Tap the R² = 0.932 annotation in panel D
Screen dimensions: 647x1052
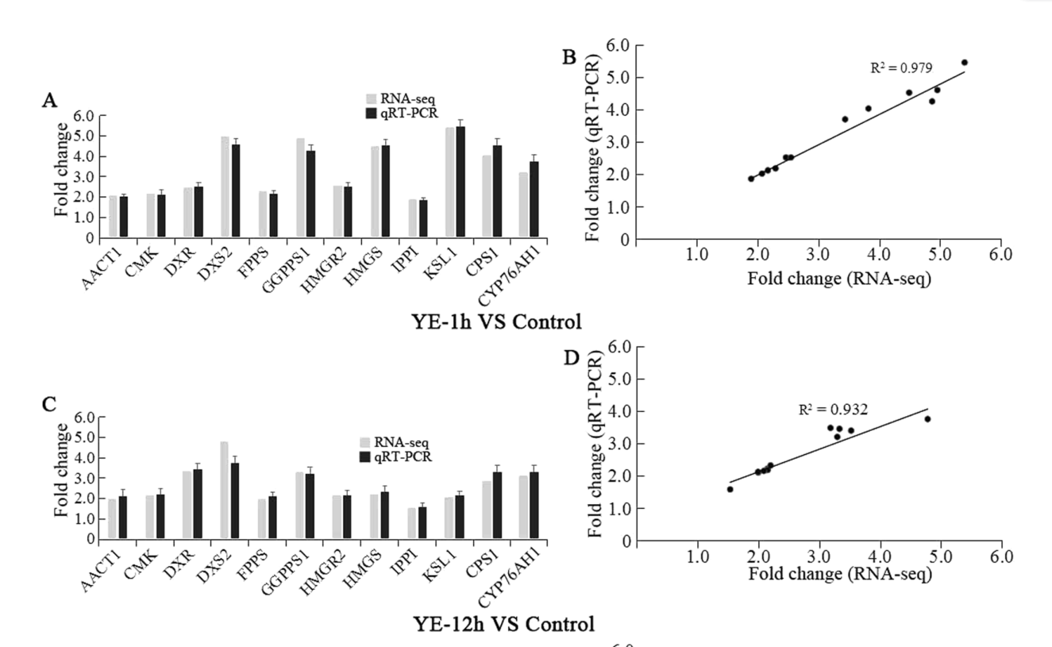[833, 410]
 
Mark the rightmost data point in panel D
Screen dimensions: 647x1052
[927, 419]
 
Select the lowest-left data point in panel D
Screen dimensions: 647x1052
[730, 489]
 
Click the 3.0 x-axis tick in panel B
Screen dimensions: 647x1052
[818, 256]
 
